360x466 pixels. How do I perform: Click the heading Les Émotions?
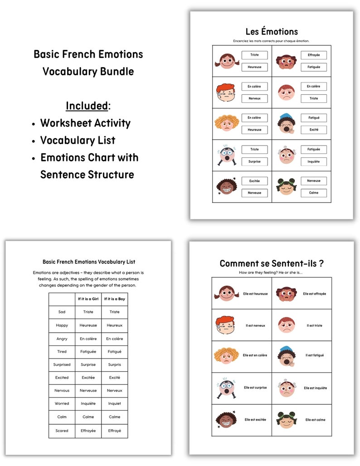point(272,32)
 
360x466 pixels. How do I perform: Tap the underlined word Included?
point(87,106)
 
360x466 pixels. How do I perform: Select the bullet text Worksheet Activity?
point(85,123)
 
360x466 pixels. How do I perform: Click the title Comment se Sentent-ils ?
point(272,263)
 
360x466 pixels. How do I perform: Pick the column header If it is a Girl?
point(88,299)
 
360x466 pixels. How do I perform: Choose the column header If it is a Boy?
point(114,299)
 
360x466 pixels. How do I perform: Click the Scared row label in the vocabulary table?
point(62,431)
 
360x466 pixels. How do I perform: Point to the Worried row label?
point(62,403)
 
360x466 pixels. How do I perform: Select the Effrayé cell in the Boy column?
point(114,431)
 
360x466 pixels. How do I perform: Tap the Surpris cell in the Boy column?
point(114,364)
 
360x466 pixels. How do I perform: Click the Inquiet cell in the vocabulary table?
point(114,403)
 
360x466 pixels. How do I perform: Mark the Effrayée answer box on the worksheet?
point(314,55)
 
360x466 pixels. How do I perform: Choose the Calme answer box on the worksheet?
point(314,193)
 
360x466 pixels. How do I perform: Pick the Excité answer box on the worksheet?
point(314,130)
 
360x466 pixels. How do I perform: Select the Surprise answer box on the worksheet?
point(254,161)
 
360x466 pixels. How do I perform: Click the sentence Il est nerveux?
point(255,325)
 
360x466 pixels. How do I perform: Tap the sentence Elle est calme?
point(315,420)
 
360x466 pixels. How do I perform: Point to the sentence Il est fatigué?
point(315,355)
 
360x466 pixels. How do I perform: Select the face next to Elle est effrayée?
point(286,294)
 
